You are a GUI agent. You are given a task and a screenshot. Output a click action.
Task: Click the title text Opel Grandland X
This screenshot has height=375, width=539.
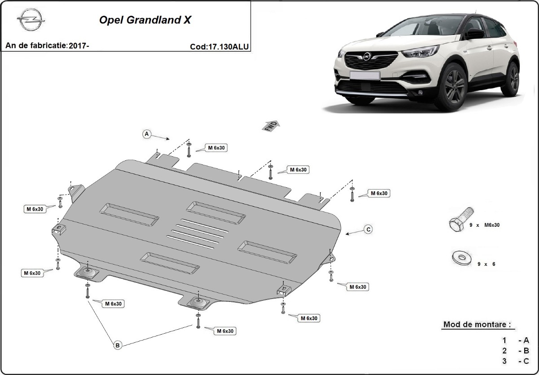[x=144, y=21]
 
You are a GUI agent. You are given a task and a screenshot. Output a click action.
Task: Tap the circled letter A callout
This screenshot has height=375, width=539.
[x=146, y=133]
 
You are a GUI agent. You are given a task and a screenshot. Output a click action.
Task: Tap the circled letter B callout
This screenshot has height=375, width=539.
[x=117, y=345]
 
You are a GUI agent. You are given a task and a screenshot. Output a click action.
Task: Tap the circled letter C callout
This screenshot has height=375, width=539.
[x=368, y=229]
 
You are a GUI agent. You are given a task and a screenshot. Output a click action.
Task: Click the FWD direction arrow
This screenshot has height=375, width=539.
[x=271, y=126]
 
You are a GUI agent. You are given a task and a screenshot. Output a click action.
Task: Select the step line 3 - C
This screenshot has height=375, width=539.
[x=516, y=360]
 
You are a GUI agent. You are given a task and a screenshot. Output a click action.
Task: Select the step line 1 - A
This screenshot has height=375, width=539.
[x=516, y=340]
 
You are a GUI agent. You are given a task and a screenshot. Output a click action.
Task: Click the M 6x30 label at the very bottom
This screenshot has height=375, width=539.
[x=225, y=331]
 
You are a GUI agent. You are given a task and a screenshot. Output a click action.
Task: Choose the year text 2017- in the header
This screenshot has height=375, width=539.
[x=80, y=46]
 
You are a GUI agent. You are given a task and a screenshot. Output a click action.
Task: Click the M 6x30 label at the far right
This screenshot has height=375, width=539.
[x=379, y=193]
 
